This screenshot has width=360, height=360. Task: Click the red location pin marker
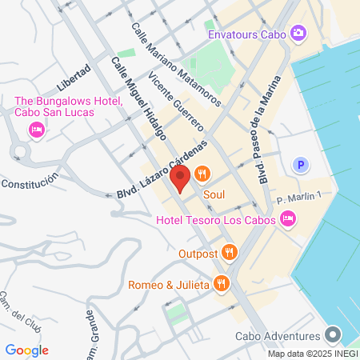181,178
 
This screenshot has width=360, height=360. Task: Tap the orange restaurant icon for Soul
202,173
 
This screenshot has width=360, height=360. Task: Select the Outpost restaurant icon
230,252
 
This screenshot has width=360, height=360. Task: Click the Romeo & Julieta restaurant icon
222,283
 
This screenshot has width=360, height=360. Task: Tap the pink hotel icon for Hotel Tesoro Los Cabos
288,220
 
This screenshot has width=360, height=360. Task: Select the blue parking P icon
301,166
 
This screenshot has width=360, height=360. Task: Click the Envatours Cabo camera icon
298,33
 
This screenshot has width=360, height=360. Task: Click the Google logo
26,350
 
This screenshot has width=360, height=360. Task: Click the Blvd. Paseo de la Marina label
268,130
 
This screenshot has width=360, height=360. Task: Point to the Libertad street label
75,78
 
